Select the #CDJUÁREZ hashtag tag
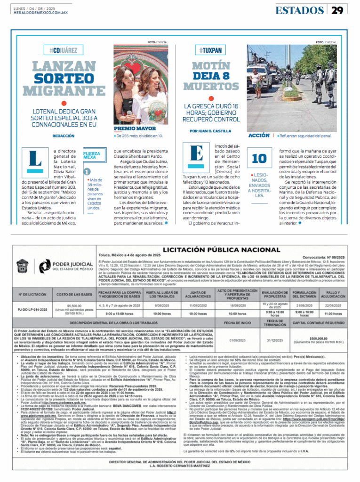(x=60, y=50)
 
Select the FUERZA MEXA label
(x=91, y=155)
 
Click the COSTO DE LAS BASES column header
(x=74, y=295)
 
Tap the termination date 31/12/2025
(x=275, y=340)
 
